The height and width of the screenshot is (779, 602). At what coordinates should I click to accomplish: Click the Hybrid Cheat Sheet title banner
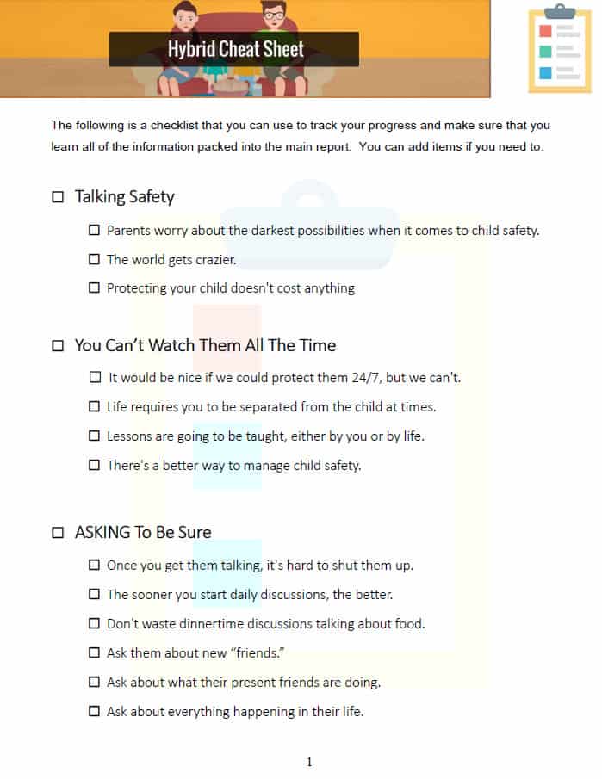point(234,49)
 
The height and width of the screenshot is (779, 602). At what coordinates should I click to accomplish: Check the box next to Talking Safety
point(58,197)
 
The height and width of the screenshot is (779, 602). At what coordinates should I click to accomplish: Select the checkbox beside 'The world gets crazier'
point(95,259)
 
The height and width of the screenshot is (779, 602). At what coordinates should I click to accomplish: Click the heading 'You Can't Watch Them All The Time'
point(205,345)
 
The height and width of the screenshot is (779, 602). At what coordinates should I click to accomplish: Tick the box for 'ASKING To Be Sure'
point(58,532)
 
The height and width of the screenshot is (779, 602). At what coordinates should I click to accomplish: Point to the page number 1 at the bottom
point(309,761)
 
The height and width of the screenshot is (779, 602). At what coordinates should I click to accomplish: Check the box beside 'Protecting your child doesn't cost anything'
point(95,288)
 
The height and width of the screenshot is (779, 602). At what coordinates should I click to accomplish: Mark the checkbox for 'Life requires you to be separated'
point(95,406)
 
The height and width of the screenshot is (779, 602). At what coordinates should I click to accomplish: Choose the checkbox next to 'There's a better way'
point(95,465)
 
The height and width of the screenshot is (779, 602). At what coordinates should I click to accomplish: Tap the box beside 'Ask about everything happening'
point(95,711)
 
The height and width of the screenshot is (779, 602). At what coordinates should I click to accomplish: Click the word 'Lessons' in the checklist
point(130,436)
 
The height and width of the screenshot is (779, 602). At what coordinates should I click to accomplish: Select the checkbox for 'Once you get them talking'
point(95,565)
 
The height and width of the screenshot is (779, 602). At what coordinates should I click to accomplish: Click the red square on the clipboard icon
point(544,31)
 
